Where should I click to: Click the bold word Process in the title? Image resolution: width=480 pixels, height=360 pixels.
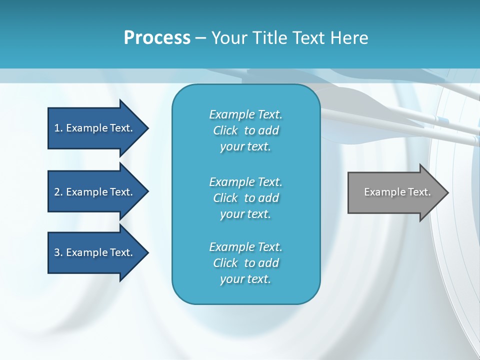tap(157, 38)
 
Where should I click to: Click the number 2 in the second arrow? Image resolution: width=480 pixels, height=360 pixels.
tap(57, 192)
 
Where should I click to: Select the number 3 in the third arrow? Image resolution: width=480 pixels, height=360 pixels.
tap(57, 252)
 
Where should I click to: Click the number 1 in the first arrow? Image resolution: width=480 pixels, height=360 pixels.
tap(57, 128)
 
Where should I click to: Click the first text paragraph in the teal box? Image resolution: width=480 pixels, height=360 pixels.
tap(245, 130)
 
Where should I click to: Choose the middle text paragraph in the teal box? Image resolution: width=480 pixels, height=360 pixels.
tap(245, 198)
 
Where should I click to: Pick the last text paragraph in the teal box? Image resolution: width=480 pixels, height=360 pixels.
tap(245, 263)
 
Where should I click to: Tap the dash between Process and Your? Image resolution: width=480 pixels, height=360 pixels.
tap(200, 38)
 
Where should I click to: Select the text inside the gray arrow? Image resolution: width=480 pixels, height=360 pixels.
tap(397, 192)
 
